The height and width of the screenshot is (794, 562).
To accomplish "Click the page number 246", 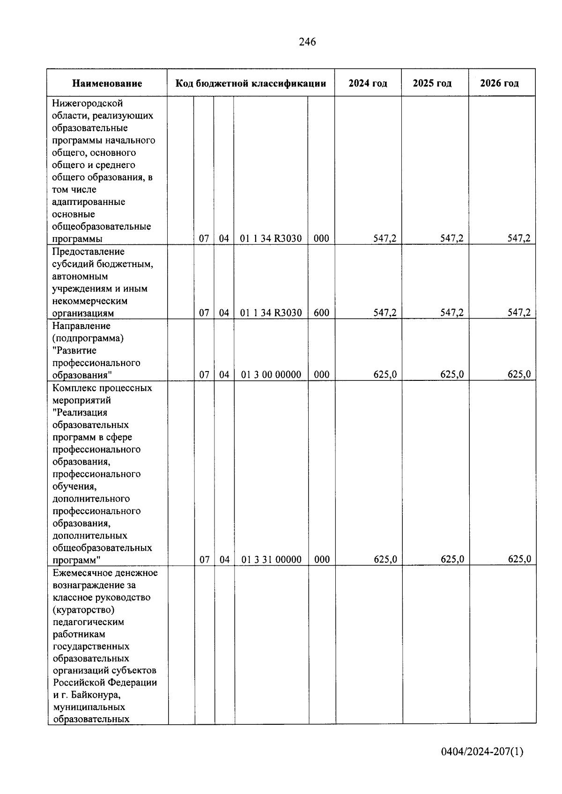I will [x=307, y=42].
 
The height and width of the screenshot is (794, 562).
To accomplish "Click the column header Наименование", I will [x=107, y=84].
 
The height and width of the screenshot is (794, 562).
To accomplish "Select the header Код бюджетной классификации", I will [x=251, y=84].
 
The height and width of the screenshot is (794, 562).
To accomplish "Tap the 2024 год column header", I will [x=368, y=84].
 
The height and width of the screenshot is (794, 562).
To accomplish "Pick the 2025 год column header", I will [x=432, y=84].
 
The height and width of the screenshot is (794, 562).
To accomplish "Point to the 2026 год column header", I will [x=499, y=84].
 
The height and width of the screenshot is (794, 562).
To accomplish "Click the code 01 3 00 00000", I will [x=271, y=375].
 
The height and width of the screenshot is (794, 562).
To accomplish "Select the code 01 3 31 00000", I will [x=272, y=560].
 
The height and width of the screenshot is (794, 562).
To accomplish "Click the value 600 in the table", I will [x=321, y=313].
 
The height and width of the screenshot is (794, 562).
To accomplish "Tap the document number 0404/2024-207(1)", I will [x=482, y=752].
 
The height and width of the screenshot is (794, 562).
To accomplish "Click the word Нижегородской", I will [x=88, y=103].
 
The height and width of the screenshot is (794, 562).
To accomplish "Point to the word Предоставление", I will [x=89, y=252].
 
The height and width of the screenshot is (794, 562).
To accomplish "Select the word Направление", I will [x=81, y=326].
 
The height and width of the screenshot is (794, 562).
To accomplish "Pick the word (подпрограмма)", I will [x=88, y=338].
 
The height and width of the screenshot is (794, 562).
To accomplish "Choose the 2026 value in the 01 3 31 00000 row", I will [x=519, y=560].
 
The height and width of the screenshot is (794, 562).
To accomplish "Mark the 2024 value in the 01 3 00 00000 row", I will [x=385, y=375].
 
